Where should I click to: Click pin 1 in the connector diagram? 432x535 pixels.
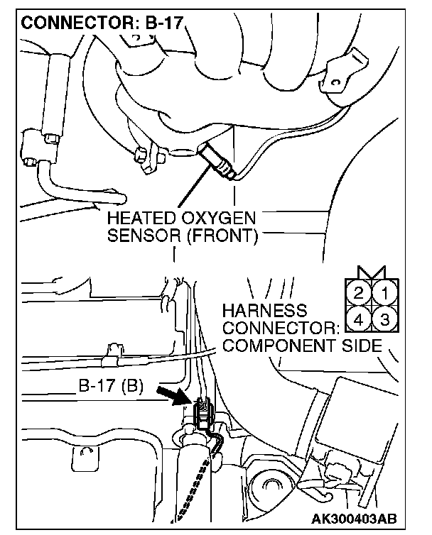(384, 292)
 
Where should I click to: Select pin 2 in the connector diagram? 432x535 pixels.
(360, 292)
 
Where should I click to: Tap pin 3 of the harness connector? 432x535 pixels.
(384, 319)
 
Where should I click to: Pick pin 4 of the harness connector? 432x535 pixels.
(360, 319)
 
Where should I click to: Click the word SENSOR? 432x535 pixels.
(145, 235)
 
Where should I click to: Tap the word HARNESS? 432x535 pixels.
(264, 311)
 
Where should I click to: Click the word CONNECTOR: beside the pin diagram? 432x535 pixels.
(278, 329)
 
